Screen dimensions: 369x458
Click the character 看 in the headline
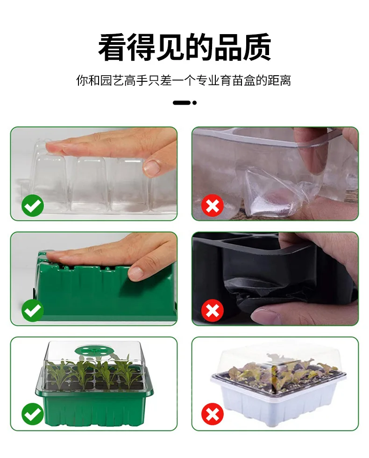click(x=113, y=47)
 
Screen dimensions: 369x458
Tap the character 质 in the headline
click(x=257, y=47)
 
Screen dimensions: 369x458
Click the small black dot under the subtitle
click(x=194, y=102)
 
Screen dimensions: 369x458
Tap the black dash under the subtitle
click(x=182, y=102)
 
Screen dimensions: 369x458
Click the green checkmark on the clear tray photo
click(x=33, y=205)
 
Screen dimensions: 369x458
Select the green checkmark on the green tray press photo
click(x=33, y=310)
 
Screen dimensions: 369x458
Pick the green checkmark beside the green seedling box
click(x=33, y=414)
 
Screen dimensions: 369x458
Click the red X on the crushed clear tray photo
click(x=213, y=205)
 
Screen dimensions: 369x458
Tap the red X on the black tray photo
click(x=213, y=310)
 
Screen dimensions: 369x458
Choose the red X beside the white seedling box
click(x=213, y=414)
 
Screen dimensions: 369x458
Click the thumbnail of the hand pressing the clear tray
click(x=94, y=174)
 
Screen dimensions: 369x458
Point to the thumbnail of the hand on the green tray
click(x=94, y=279)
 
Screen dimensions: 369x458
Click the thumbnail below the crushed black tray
click(x=275, y=384)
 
